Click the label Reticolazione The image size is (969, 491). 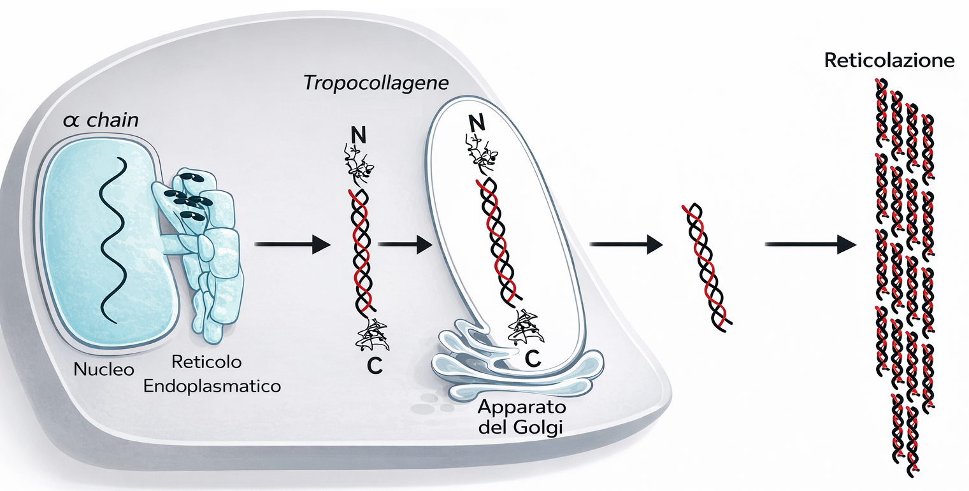(x=889, y=61)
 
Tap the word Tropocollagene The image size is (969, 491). (x=375, y=83)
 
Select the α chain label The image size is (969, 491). (x=100, y=120)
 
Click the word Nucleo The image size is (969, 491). (x=103, y=369)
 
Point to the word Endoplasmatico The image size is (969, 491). (x=212, y=386)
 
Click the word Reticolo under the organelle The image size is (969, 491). (x=207, y=362)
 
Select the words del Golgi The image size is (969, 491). (x=520, y=427)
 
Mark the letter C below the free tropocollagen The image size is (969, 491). (x=375, y=366)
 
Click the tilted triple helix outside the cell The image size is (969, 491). (x=707, y=266)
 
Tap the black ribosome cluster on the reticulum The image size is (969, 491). (x=187, y=197)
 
